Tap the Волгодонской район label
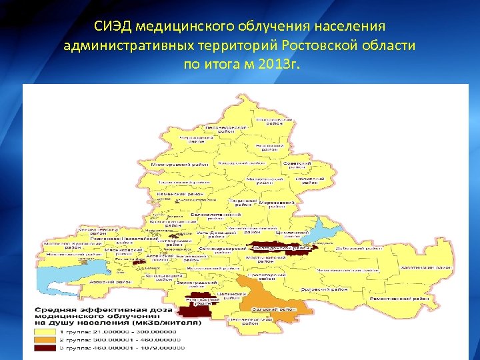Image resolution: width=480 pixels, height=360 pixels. [x=283, y=248]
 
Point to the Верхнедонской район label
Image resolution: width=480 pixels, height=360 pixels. [x=227, y=128]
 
